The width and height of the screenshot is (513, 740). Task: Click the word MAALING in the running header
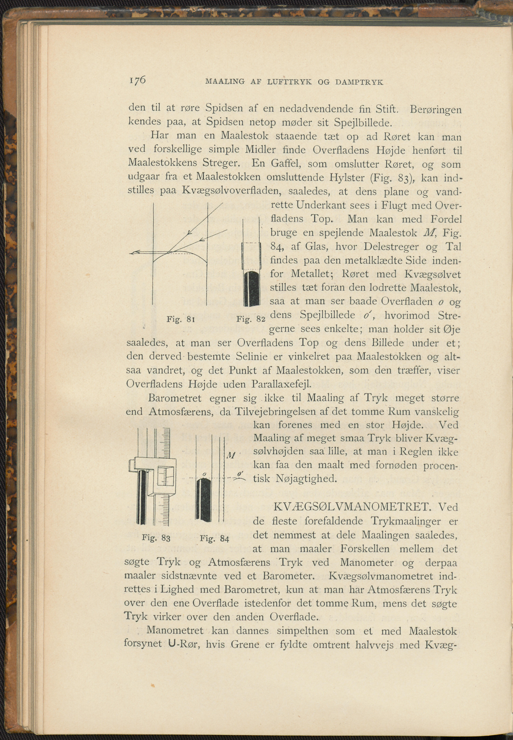click(225, 82)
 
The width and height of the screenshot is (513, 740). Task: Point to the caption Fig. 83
click(156, 538)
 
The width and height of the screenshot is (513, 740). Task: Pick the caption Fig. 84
click(214, 538)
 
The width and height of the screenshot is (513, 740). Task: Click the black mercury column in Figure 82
click(251, 288)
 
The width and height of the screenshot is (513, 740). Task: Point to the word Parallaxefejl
click(282, 384)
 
